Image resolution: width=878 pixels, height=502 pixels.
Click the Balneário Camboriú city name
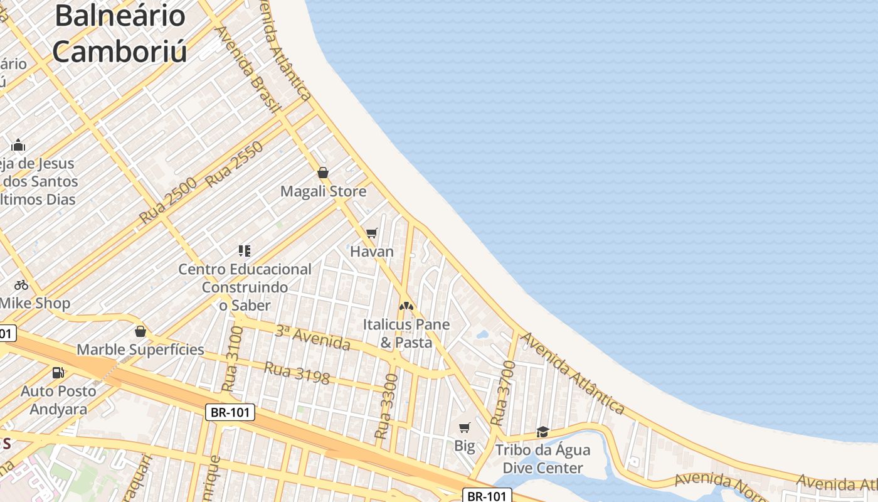[x=120, y=33]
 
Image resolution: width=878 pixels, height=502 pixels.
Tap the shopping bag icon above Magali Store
[x=323, y=173]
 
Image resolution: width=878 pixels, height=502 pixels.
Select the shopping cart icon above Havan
[x=372, y=233]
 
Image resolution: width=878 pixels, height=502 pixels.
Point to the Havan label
[x=372, y=252]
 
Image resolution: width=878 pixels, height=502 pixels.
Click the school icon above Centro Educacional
[x=245, y=251]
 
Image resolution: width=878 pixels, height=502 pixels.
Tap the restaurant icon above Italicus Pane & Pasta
[x=406, y=306]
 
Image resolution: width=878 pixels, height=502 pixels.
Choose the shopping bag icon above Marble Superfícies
[x=140, y=331]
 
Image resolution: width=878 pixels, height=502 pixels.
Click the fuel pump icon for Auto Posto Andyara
[x=58, y=373]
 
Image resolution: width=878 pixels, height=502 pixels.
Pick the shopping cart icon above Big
[x=465, y=428]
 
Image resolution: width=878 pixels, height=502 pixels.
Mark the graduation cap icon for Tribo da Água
[x=542, y=432]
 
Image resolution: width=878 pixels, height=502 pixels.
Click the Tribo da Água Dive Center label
[x=542, y=459]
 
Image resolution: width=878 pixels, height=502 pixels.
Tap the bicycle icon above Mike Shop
[x=21, y=285]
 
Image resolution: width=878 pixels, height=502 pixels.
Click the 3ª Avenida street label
[x=312, y=338]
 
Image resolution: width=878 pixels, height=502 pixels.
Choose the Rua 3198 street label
[x=297, y=373]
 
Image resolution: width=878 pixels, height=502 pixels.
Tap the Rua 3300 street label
[x=386, y=405]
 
